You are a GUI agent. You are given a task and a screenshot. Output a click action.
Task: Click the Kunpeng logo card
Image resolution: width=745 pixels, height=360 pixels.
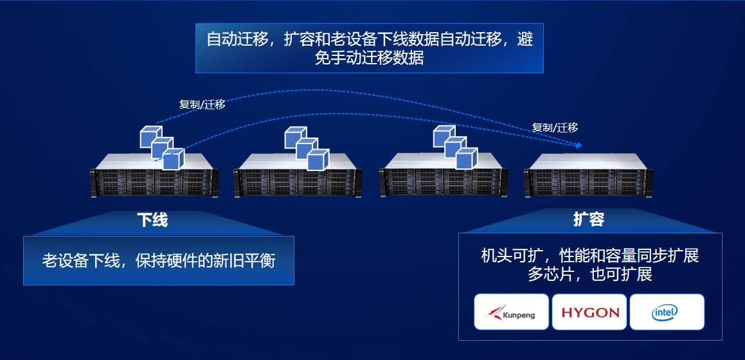click(512, 312)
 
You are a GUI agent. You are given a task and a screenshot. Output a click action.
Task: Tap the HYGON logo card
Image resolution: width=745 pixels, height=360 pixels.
click(589, 312)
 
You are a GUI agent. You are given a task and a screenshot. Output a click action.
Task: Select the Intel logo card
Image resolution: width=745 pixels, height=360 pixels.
click(667, 312)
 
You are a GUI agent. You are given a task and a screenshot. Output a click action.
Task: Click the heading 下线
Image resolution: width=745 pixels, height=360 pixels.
click(152, 220)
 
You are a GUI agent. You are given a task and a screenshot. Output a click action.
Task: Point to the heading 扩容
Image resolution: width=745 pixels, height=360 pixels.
click(589, 219)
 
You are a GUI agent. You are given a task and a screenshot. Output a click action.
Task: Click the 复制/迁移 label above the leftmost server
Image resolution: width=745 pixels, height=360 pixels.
click(202, 104)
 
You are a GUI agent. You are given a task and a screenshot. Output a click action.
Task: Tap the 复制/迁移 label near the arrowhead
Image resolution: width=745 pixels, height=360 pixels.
click(555, 127)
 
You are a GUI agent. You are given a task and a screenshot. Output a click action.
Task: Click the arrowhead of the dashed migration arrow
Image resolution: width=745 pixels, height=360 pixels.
click(580, 145)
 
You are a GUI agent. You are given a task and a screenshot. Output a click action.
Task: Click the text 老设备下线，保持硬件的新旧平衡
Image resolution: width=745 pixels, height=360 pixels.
click(159, 260)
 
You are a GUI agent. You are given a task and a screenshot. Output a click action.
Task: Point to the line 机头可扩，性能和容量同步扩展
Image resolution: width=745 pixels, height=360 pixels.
click(589, 256)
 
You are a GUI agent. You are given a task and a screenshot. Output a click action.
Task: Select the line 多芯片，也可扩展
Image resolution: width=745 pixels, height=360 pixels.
click(589, 275)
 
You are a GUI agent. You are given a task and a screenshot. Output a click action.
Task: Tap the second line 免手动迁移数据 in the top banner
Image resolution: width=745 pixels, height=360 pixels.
click(369, 57)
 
